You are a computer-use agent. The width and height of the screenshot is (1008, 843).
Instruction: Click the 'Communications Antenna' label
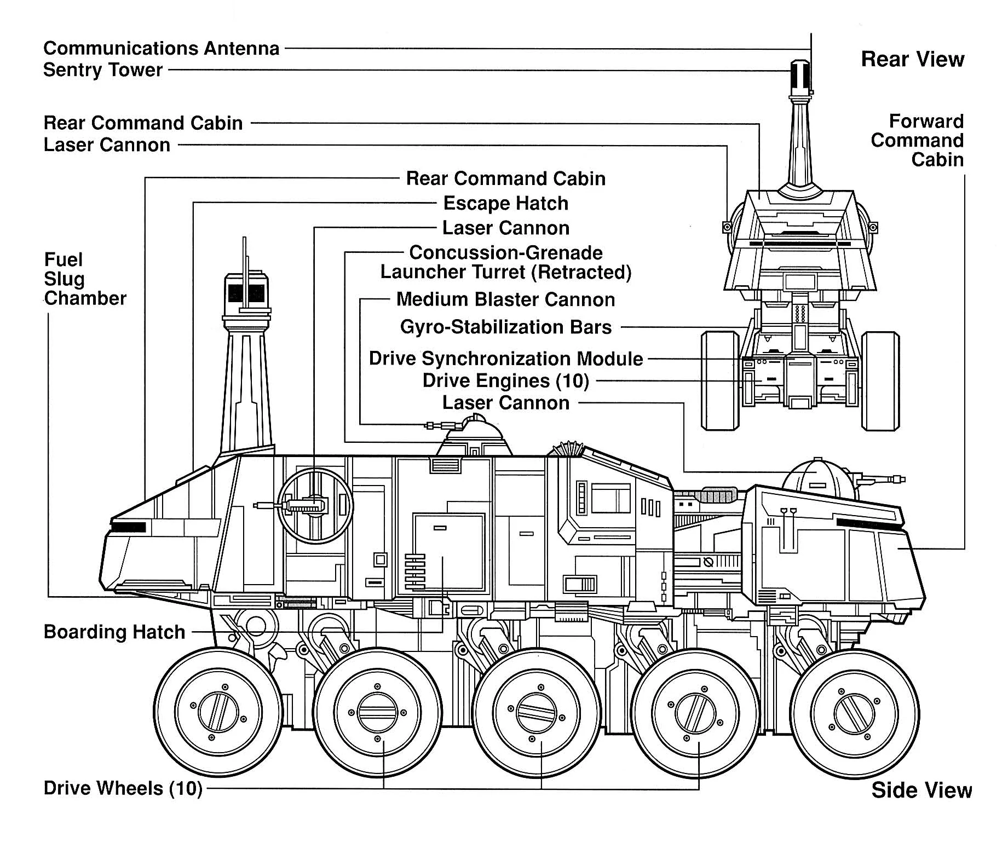[x=161, y=48]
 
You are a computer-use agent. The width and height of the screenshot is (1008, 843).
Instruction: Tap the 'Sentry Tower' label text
[x=103, y=70]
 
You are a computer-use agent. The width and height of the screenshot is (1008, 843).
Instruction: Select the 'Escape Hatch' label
[x=505, y=203]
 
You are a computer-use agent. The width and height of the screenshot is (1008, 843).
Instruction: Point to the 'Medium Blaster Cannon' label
[x=505, y=299]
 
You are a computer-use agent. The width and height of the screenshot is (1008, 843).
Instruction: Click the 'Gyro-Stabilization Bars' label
[x=505, y=327]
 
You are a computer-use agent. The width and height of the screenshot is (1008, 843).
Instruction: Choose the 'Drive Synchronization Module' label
[x=505, y=359]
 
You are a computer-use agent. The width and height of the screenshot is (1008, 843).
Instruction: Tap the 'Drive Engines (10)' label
[x=505, y=380]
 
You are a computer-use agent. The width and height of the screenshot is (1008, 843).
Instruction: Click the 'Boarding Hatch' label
[x=114, y=632]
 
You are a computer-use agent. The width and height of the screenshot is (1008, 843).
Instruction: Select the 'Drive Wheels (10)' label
[x=123, y=788]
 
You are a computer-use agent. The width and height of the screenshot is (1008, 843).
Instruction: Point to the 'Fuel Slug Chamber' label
[x=85, y=279]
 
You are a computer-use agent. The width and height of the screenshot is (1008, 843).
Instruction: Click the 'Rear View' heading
[x=912, y=59]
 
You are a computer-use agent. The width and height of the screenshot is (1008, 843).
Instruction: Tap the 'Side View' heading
[x=921, y=790]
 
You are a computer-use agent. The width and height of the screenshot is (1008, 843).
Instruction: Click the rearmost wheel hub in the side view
[x=218, y=712]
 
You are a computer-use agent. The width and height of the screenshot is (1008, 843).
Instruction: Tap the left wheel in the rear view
[x=719, y=380]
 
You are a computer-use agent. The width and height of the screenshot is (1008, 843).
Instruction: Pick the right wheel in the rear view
[x=880, y=380]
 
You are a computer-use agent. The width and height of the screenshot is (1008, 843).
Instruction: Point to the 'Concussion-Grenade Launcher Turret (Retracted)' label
[x=505, y=262]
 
